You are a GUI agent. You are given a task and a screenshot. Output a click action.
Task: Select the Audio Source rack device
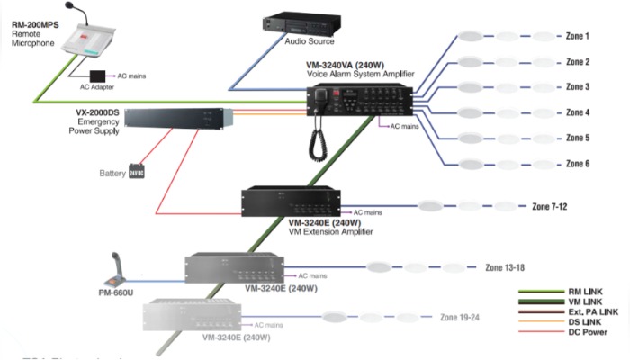[x=301, y=22]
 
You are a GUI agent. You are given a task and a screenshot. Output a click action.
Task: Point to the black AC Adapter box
[x=96, y=75]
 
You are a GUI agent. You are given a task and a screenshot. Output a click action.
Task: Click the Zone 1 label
[x=577, y=37]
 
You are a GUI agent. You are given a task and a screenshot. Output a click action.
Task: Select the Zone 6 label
[x=577, y=164]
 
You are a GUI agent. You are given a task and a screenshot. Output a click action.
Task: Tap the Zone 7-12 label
[x=549, y=207]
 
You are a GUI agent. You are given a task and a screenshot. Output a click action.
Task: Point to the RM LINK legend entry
[x=586, y=291]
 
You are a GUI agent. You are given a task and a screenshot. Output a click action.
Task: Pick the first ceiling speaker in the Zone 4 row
[x=471, y=113]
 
